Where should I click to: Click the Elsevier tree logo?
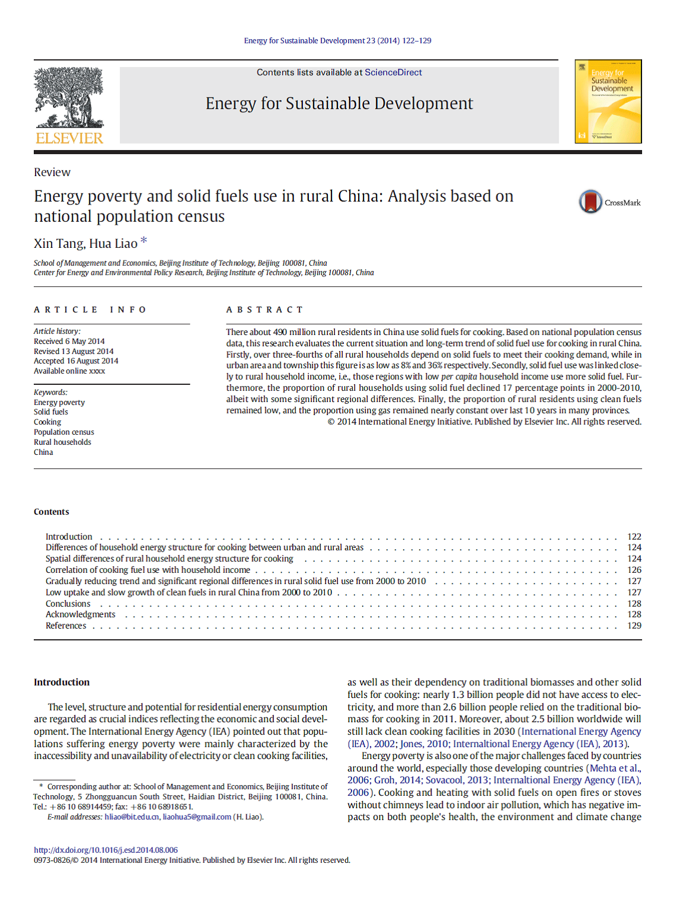(x=69, y=98)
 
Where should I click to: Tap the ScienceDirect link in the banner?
(x=393, y=72)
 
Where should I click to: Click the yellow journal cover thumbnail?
(x=608, y=101)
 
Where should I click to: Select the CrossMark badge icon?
(x=591, y=202)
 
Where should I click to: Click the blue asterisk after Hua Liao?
(x=143, y=241)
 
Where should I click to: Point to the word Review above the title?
(x=52, y=173)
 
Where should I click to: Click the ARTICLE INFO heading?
(x=90, y=310)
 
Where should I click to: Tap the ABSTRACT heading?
(x=264, y=310)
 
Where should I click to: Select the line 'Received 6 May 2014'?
(x=69, y=342)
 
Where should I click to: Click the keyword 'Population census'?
(x=64, y=432)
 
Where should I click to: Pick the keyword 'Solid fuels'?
(x=51, y=412)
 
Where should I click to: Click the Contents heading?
(x=52, y=512)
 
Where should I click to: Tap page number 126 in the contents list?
(x=634, y=570)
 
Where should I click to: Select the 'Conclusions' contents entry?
(x=68, y=604)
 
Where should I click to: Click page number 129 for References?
(x=634, y=626)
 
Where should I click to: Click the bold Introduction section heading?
(x=62, y=683)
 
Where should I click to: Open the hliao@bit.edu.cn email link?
(x=132, y=817)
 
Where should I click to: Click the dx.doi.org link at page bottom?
(x=106, y=850)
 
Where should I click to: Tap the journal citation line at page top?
(x=337, y=41)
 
